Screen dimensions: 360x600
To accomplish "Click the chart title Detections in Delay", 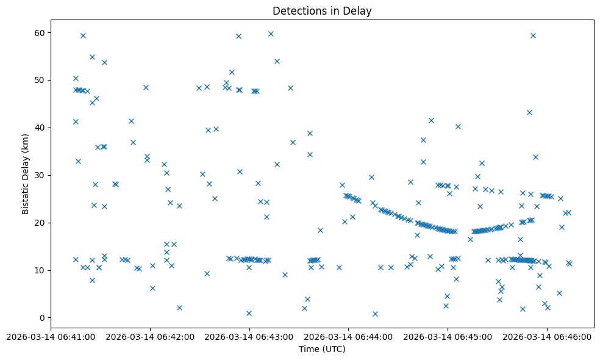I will point(322,11).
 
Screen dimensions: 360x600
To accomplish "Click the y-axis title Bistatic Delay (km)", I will point(26,174).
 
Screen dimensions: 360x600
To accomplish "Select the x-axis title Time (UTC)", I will point(322,349).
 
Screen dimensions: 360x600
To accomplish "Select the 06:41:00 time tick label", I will point(51,337).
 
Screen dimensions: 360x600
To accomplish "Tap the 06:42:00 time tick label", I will point(150,337).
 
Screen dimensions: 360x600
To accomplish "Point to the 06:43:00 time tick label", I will point(249,337).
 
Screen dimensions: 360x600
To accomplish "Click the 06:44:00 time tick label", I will point(349,337).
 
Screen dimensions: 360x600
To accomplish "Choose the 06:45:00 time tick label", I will point(448,337).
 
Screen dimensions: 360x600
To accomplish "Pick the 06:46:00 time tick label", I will point(547,337).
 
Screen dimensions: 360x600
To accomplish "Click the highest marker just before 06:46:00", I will point(533,35).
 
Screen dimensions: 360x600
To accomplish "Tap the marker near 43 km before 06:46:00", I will point(529,112).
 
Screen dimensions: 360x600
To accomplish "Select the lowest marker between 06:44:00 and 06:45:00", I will point(375,314).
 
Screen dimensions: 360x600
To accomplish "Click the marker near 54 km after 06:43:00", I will point(277,61).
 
